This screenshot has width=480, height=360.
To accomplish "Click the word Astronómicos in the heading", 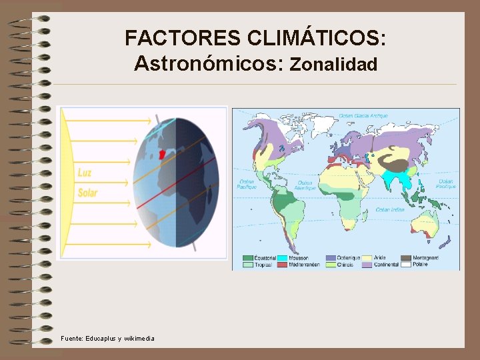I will click(209, 64).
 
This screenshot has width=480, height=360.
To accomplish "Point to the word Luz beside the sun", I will click(85, 173).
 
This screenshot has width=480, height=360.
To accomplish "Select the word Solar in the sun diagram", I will click(87, 193).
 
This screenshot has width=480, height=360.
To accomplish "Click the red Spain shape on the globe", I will click(161, 154).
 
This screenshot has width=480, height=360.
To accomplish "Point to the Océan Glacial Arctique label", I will click(363, 116).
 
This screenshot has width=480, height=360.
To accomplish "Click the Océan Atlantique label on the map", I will click(304, 183).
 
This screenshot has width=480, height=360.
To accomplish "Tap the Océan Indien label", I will click(390, 210).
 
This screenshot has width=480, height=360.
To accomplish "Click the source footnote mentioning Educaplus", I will click(107, 339).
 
